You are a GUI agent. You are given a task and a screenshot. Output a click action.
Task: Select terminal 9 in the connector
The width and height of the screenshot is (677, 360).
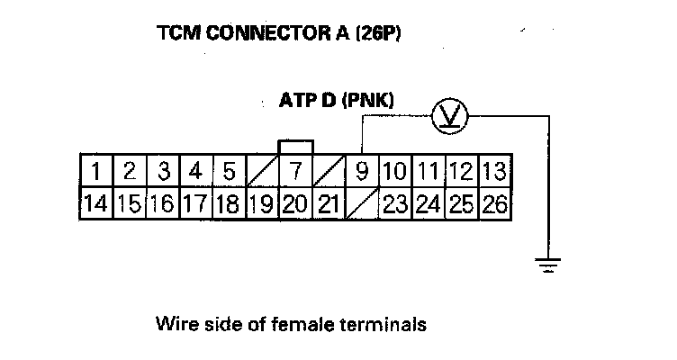click(362, 171)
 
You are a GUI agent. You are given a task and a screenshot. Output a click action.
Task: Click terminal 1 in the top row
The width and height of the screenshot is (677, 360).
click(95, 171)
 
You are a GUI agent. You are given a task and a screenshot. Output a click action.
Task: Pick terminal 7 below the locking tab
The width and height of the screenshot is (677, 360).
click(294, 171)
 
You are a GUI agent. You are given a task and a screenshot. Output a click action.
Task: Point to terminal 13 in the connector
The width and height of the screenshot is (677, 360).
click(494, 171)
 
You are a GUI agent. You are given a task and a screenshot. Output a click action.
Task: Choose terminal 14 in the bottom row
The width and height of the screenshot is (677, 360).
click(95, 203)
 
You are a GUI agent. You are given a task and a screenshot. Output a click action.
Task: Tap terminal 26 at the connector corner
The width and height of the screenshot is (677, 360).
click(494, 203)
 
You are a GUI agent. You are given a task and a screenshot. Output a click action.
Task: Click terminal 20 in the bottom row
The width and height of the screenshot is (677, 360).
click(294, 203)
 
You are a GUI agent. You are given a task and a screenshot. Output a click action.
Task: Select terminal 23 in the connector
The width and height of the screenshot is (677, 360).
click(395, 203)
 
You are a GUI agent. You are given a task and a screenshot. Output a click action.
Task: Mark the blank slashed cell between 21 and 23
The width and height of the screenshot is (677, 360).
click(362, 203)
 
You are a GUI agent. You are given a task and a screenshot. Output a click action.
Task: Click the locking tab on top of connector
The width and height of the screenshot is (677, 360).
click(296, 147)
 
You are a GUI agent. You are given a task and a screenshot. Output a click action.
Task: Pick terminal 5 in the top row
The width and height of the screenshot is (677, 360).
click(229, 171)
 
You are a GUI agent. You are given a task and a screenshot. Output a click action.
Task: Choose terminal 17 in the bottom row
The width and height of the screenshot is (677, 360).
click(195, 203)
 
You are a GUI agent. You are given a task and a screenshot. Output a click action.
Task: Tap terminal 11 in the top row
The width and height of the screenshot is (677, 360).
click(429, 171)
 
